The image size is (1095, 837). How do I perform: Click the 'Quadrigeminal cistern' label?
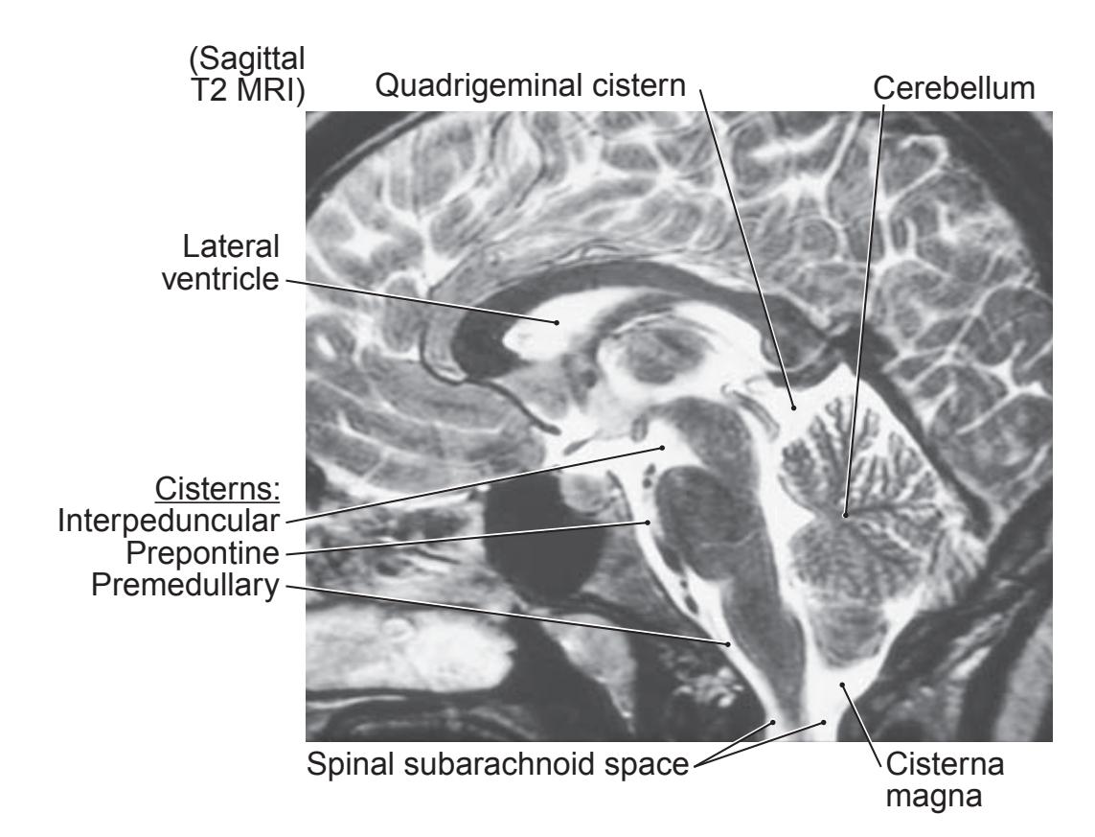tap(530, 85)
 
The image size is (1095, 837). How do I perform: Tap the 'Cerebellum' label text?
tap(954, 88)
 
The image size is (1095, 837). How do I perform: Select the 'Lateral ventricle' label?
tap(220, 263)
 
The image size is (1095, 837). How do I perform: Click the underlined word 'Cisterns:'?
tap(217, 488)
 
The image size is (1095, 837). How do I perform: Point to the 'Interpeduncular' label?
tap(169, 521)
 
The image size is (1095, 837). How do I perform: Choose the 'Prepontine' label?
tap(202, 552)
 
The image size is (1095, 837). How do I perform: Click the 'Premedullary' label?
tap(185, 585)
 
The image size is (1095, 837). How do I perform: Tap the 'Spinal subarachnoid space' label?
tap(498, 763)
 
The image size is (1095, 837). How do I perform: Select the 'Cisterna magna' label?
tap(945, 779)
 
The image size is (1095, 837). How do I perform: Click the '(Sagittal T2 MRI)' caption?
tap(247, 74)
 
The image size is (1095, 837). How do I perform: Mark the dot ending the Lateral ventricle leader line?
tap(557, 322)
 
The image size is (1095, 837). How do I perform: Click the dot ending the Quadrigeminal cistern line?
tap(793, 407)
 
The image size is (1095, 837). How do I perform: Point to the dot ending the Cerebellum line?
tap(845, 515)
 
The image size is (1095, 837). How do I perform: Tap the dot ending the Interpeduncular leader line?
tap(663, 447)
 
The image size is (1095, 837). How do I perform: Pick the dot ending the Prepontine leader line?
tap(648, 522)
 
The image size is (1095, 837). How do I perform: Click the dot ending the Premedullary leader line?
tap(728, 643)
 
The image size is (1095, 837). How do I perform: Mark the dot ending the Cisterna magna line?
tap(842, 685)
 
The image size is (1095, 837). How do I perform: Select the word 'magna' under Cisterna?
tap(934, 796)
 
